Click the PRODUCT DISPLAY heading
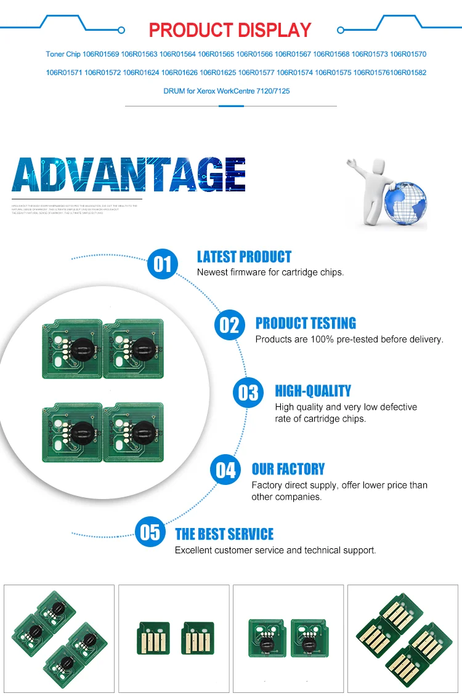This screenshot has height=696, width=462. [230, 30]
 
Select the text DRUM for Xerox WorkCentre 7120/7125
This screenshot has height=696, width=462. [227, 91]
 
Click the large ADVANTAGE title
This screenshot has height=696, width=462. [129, 175]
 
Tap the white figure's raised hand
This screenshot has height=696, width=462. [352, 164]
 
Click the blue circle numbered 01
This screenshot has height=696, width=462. [163, 264]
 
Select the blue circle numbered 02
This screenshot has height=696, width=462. [229, 324]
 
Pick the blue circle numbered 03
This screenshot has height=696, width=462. [248, 392]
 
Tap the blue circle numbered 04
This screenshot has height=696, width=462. [226, 470]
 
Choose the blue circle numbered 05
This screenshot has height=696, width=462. [150, 532]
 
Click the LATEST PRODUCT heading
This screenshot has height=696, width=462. [244, 257]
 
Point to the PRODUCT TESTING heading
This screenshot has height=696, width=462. [306, 324]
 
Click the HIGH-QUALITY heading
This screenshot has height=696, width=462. [313, 391]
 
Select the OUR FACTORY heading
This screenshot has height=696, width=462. [288, 470]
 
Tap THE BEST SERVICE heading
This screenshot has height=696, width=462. [224, 534]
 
